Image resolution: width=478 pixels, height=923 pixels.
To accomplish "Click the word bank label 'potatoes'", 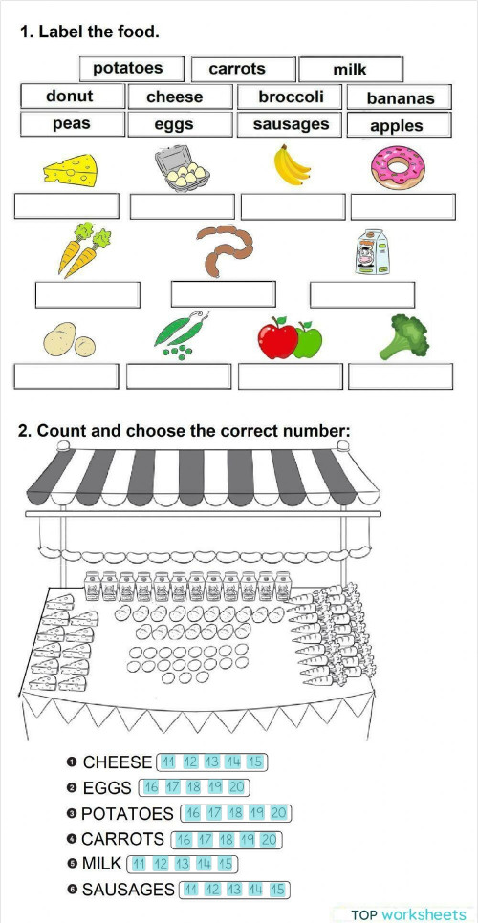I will (127, 69).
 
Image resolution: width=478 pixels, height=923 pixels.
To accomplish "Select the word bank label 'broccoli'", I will (291, 97).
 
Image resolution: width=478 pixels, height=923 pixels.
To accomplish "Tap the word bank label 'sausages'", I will (291, 124).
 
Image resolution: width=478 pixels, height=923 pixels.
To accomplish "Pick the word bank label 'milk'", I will (350, 70).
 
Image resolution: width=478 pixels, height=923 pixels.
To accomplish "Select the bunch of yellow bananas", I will (293, 166).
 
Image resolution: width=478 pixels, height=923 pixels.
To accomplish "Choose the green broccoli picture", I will (396, 337).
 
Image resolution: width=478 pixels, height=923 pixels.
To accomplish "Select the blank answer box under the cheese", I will (66, 206).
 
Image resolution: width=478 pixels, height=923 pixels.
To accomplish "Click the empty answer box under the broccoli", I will (399, 376).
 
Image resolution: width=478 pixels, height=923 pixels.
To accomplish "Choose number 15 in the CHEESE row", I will (254, 762).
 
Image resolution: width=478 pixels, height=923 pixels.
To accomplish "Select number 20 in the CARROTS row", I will (269, 840).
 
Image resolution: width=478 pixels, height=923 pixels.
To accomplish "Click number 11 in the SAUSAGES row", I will (189, 890).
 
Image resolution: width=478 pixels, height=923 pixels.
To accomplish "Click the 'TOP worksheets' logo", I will (408, 913).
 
